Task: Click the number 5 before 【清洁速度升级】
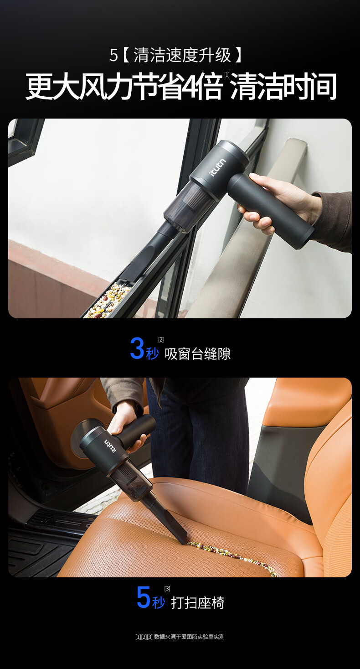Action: coord(113,56)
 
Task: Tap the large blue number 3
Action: coord(137,348)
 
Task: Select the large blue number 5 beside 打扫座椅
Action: coord(144,597)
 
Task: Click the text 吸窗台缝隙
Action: coord(198,353)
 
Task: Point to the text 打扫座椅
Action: coord(198,603)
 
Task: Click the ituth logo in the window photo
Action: coord(218,167)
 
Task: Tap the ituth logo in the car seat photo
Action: coord(110,446)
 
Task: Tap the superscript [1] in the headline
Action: coord(227,74)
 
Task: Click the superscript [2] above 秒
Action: coord(161,340)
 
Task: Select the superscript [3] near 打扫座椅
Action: coord(167,589)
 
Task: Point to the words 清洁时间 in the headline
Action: coord(283,87)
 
